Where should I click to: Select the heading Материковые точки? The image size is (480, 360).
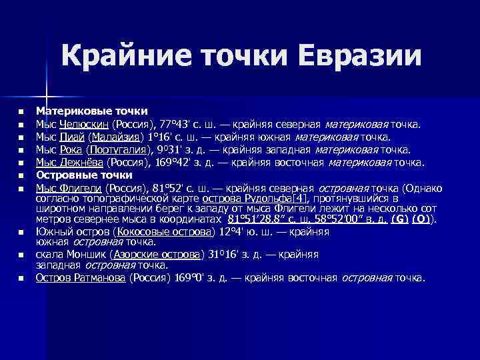[91, 110]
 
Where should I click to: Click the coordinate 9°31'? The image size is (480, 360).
[173, 149]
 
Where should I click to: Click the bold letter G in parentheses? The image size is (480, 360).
[399, 219]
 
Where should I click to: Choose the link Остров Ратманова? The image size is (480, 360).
[80, 278]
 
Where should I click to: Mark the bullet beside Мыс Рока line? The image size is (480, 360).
[21, 150]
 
